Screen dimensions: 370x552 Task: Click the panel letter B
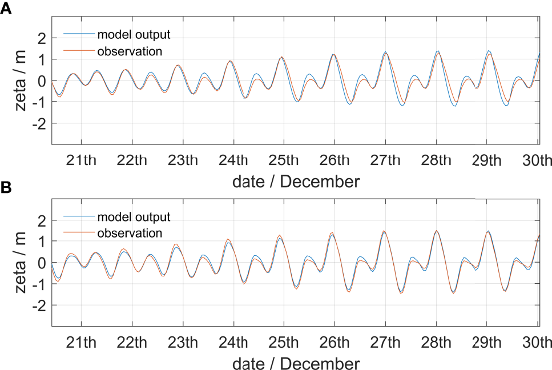(6, 188)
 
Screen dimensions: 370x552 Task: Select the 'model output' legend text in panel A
(134, 34)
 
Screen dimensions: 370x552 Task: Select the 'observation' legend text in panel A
(130, 51)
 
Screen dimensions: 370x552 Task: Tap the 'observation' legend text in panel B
(130, 233)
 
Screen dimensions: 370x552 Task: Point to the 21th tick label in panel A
(82, 159)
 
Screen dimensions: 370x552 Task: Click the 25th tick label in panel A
(284, 159)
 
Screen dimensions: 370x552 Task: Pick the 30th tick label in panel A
(537, 159)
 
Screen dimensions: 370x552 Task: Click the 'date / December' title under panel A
(296, 182)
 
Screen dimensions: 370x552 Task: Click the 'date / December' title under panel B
(296, 363)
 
